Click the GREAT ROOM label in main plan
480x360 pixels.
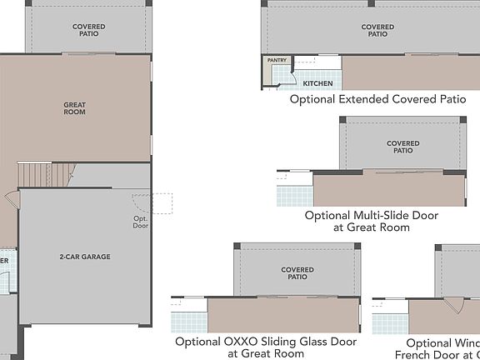point(75,108)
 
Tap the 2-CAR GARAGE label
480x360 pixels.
point(85,257)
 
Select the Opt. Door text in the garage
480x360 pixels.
point(141,222)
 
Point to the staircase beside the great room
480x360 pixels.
point(36,175)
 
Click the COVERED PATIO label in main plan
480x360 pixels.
point(88,31)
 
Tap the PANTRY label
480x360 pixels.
point(276,61)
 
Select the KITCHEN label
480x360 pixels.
point(317,84)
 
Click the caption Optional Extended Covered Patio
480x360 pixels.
point(377,100)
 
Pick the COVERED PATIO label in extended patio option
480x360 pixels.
point(377,31)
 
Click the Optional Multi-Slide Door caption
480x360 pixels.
point(372,221)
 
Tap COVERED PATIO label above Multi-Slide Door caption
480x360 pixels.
point(403,147)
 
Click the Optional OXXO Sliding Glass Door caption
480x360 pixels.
point(266,347)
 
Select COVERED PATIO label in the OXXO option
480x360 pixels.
point(297,274)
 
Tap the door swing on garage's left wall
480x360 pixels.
point(12,201)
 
